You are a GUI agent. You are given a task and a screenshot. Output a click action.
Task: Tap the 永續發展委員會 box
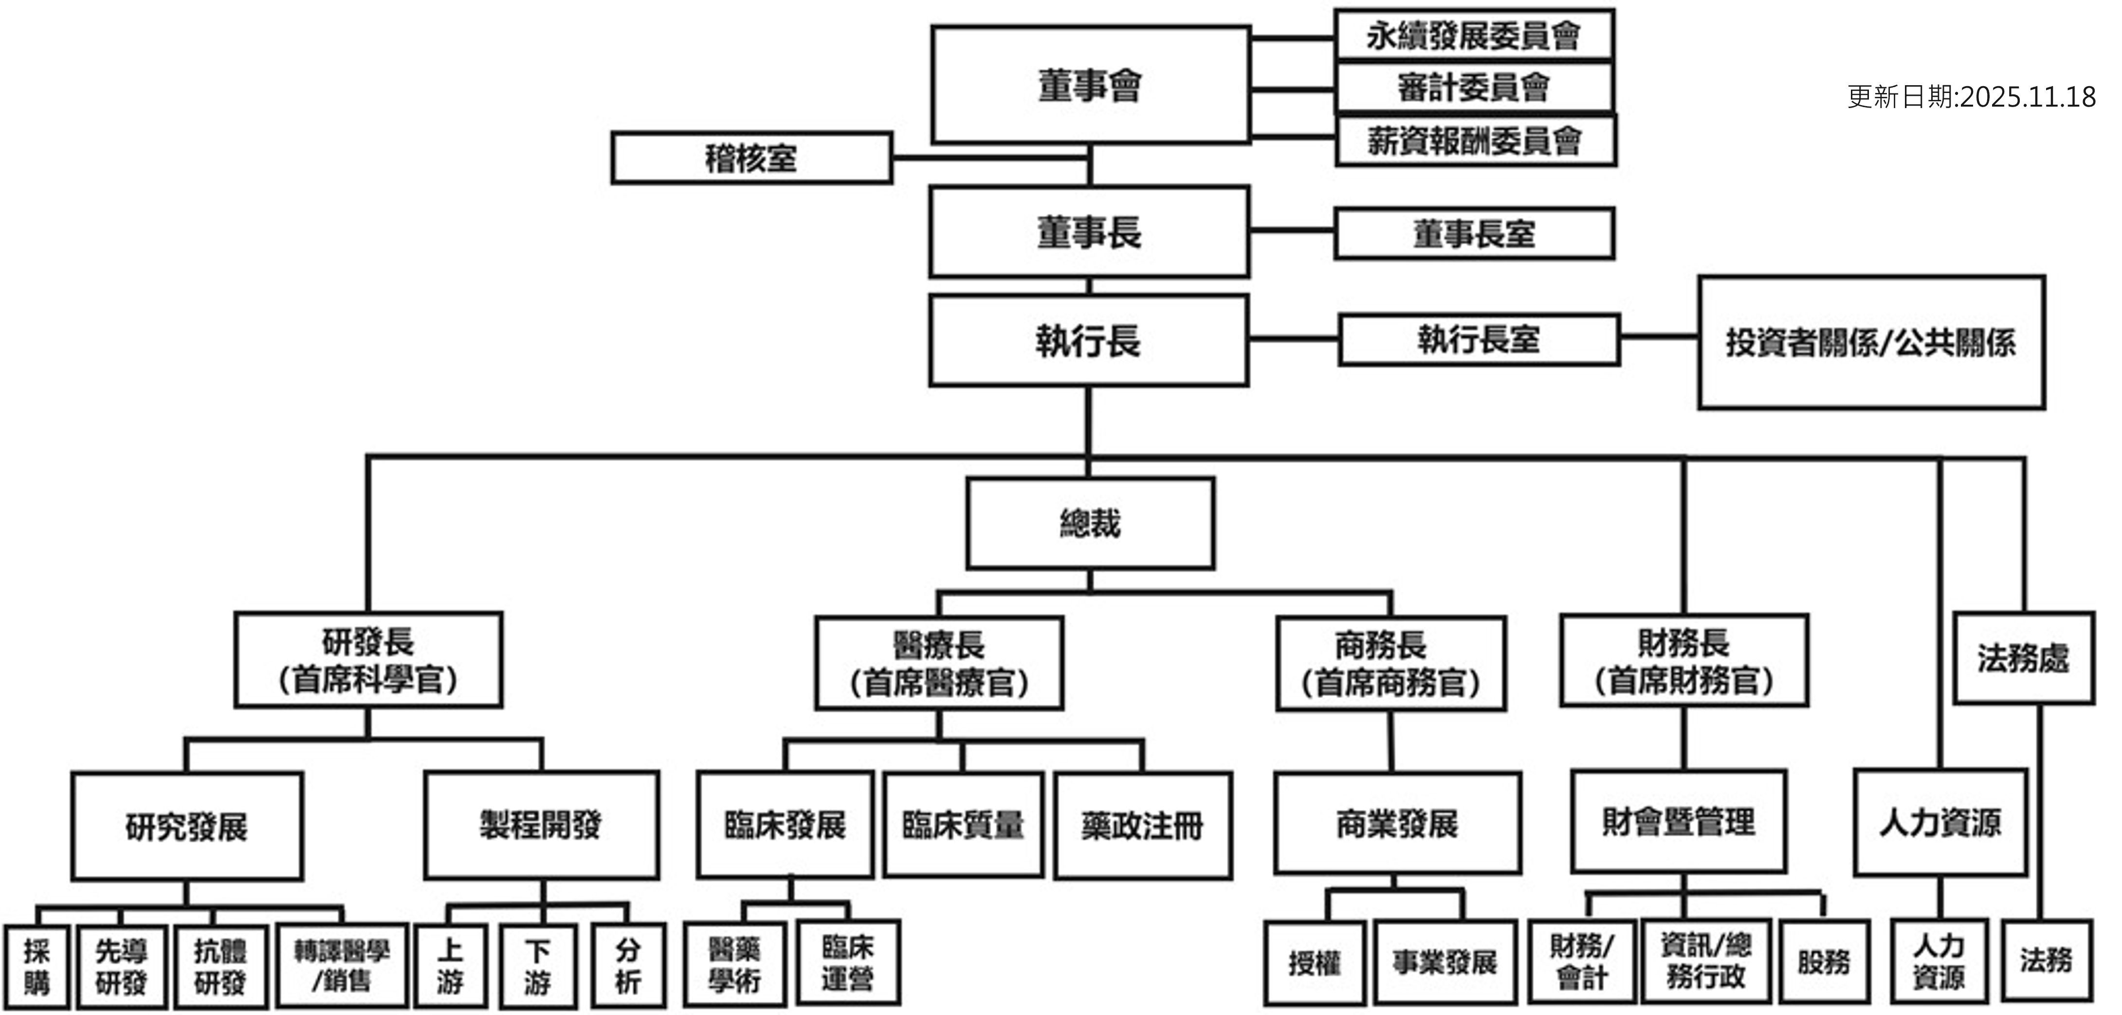coord(1474,36)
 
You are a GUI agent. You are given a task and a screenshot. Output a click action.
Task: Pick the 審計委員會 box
coord(1474,87)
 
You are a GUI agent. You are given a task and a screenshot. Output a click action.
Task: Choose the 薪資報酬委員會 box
coord(1475,141)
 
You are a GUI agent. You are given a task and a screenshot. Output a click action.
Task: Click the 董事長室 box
coord(1474,234)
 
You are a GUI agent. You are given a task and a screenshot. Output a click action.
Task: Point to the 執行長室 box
coord(1479,339)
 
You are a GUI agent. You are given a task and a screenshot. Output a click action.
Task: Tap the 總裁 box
coord(1090,523)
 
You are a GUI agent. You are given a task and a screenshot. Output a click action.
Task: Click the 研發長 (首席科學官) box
coord(368,660)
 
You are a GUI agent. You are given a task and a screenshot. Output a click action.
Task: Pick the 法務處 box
coord(2023,658)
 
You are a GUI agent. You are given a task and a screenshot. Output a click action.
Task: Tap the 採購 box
coord(36,966)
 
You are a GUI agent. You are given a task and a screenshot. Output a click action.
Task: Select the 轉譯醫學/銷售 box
coord(342,965)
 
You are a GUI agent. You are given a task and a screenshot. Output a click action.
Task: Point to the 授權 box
coord(1315,963)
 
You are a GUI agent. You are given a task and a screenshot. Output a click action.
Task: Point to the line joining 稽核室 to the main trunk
coord(988,157)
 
